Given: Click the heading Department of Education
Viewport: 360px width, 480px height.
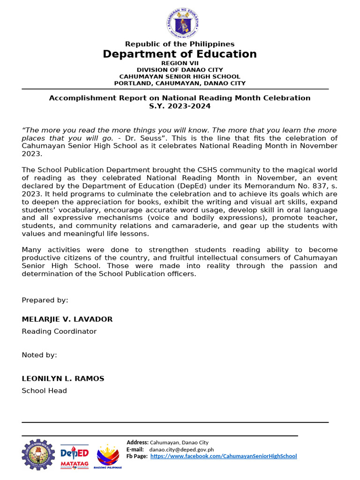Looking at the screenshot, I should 180,54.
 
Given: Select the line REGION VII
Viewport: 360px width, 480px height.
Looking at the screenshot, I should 180,63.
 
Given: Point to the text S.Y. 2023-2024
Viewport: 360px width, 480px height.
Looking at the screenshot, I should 180,106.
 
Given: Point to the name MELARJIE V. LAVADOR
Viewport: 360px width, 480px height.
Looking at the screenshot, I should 67,319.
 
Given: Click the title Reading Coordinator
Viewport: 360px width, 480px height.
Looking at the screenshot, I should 59,331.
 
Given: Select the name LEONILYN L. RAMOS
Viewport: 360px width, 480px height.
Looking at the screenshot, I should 63,379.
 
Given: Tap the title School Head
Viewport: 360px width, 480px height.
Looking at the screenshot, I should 44,391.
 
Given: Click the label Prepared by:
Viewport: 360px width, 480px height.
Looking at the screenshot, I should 45,300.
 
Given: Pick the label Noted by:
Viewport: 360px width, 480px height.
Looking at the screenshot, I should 39,355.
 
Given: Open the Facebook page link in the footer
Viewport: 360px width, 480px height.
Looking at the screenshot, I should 224,456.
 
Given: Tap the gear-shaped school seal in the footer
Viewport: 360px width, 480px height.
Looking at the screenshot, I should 38,455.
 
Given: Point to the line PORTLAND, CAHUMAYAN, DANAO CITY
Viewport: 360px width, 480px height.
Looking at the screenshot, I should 180,83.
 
